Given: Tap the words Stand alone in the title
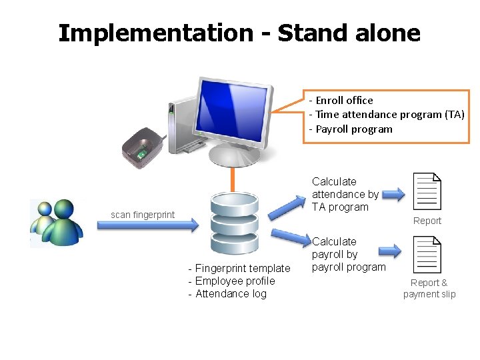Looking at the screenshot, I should point(349,33).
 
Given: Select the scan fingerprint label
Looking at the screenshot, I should point(143,215).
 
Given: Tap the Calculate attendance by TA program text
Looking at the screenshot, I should point(345,194).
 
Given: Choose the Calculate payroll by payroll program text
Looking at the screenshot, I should point(348,254).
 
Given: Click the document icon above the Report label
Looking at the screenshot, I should point(427,192).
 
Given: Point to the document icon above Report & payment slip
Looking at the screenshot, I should point(427,255).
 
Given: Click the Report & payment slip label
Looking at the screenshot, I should point(429,288).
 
